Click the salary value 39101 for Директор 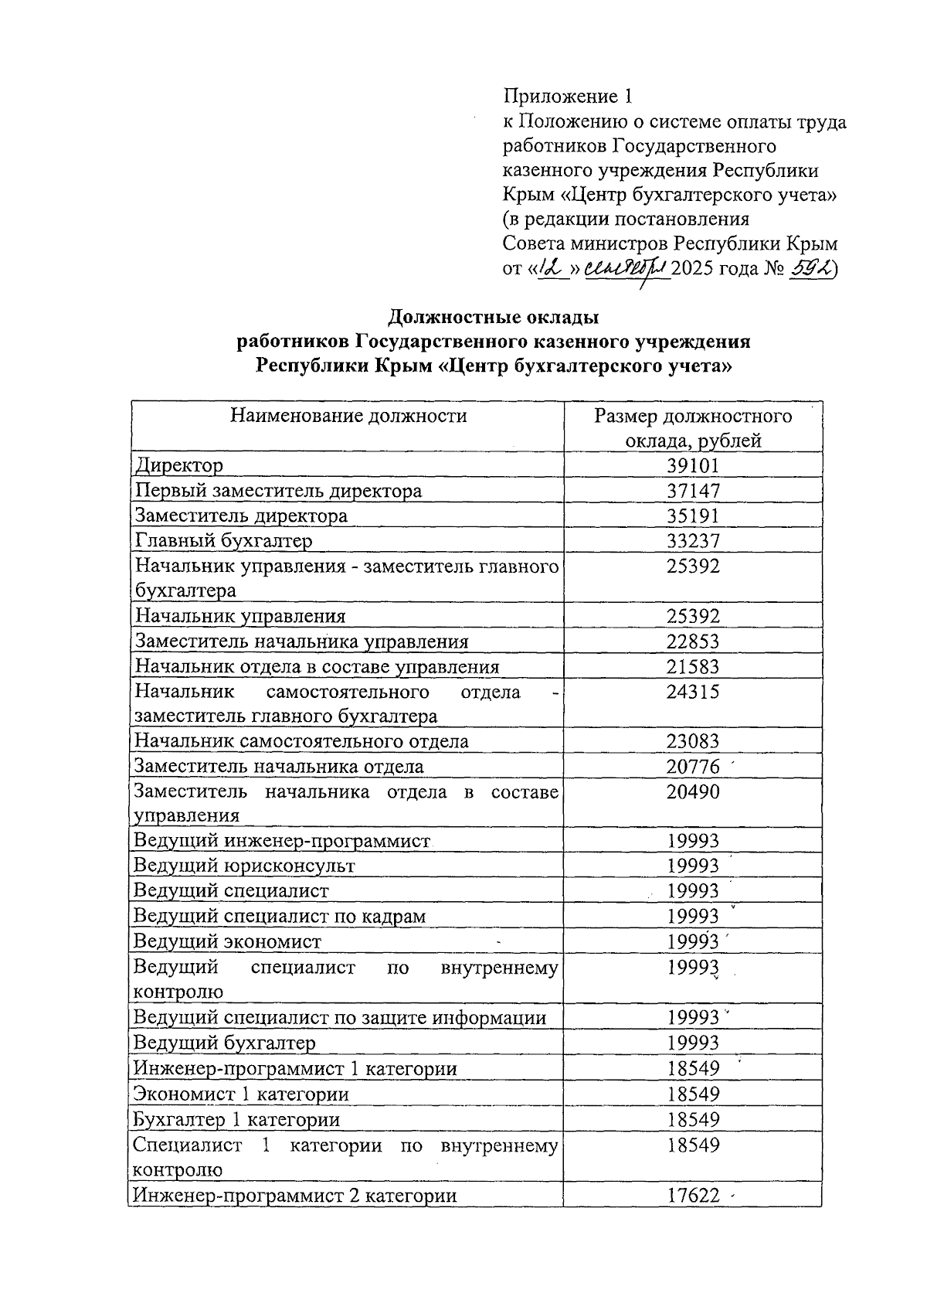[692, 465]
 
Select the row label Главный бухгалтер [224, 540]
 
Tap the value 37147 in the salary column [692, 491]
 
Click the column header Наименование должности [348, 416]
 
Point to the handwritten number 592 [809, 268]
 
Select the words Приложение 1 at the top [568, 97]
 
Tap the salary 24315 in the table [692, 692]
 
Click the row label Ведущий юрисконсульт [244, 866]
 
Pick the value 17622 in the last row [692, 1196]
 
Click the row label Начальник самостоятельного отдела [301, 742]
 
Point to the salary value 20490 [692, 792]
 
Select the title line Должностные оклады [493, 316]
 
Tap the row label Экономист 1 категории [241, 1094]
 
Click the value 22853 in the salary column [692, 641]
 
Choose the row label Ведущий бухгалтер [225, 1043]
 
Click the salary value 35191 [692, 516]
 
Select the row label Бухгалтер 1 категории [236, 1120]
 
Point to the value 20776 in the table [692, 767]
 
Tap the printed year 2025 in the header [692, 269]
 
